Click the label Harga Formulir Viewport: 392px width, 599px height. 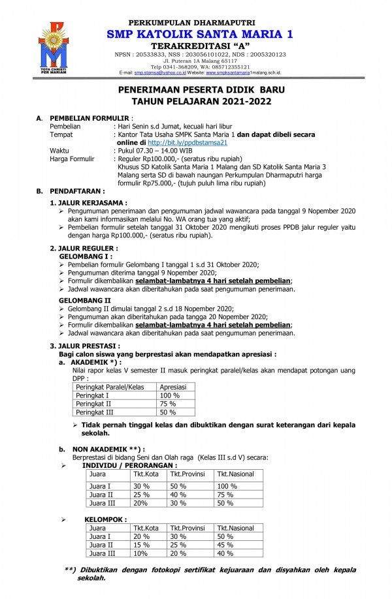(73, 159)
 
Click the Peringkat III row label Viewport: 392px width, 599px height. (95, 412)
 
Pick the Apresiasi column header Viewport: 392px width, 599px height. (173, 387)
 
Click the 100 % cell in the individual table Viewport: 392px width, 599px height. (227, 486)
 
